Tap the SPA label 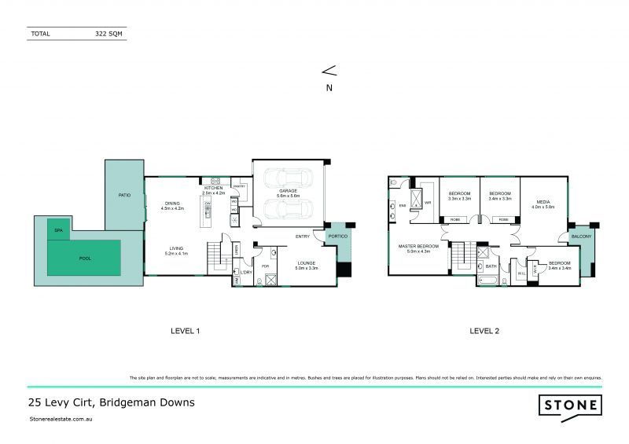58,229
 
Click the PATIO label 124,194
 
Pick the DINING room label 172,203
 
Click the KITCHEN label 213,189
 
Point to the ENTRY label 302,236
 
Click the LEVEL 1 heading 186,331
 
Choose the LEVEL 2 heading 484,331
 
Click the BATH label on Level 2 492,266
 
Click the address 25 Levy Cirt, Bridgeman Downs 111,402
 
